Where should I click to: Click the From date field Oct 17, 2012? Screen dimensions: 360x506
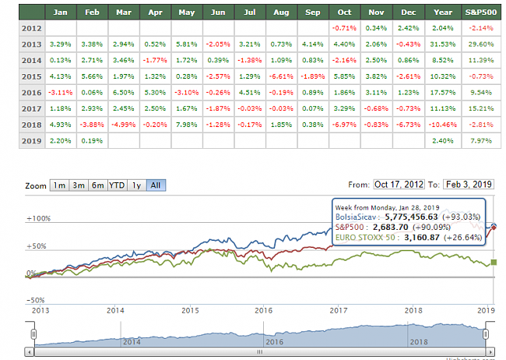[399, 185]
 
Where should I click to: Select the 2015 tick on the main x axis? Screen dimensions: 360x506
[190, 309]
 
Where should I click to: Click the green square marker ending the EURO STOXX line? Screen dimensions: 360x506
[494, 263]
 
